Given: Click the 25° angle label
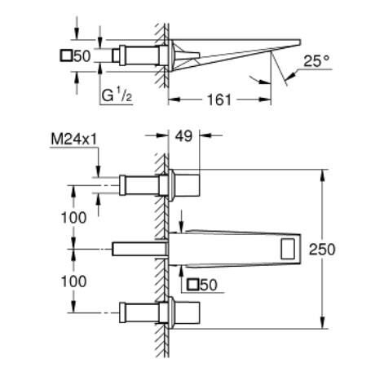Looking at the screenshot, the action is tap(316, 61).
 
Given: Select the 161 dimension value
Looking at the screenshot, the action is tap(219, 100).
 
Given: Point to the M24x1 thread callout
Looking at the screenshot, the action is tap(73, 139).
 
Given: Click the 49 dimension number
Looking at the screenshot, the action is tap(183, 136).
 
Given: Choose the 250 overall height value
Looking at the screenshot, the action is tap(322, 250).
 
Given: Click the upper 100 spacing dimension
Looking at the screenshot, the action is tap(73, 218).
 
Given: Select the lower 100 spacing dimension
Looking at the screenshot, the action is tap(73, 281).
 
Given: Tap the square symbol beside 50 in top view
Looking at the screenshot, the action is tap(66, 55).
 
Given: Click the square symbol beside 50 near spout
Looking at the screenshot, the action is tap(192, 285).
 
